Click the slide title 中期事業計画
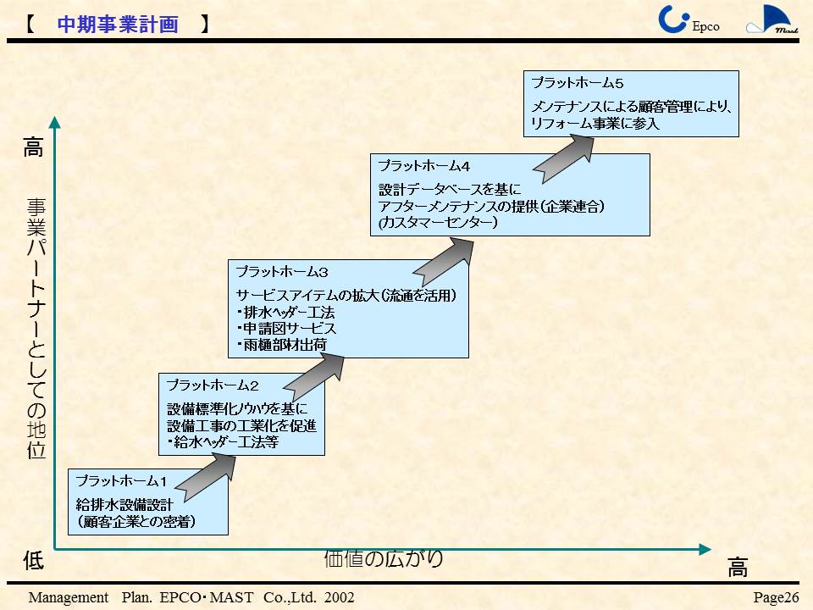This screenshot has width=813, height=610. tap(118, 25)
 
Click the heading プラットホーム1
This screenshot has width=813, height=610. tap(124, 481)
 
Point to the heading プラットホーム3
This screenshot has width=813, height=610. tap(281, 273)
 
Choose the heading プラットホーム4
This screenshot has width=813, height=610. tap(423, 165)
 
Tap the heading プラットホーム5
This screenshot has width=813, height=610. tap(577, 83)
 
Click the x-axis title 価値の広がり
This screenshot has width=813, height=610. tap(383, 557)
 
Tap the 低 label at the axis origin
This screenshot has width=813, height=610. tap(33, 560)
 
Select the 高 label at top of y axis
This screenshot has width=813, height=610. tap(32, 149)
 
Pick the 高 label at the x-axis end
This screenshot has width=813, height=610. tap(738, 568)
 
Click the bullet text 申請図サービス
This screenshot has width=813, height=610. tap(288, 329)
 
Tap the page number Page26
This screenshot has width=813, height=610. tap(776, 598)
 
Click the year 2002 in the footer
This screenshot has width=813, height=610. tap(336, 598)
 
